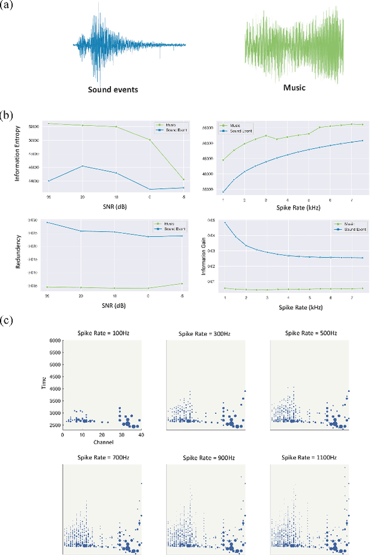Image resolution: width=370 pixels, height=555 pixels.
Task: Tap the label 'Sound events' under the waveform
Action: coord(113,90)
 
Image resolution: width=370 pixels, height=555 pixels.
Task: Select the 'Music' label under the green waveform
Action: coord(294,88)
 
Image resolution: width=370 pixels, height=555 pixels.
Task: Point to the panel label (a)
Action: coord(8,6)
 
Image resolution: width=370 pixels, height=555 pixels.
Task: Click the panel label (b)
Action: coord(8,115)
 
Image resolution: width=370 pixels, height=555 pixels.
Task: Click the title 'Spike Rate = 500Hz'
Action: coord(310,332)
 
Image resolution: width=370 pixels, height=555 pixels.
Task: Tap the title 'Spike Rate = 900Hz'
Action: coord(206,457)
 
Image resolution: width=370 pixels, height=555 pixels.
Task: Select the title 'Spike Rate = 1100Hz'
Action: coord(310,457)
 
